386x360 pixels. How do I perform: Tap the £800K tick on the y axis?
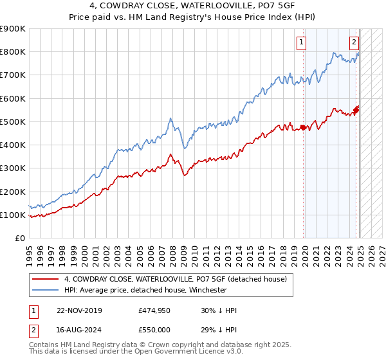point(13,52)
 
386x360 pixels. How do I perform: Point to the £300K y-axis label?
point(13,168)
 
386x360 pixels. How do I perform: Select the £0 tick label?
point(19,239)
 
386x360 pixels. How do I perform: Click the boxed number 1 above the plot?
point(301,43)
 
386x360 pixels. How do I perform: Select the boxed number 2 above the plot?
point(354,43)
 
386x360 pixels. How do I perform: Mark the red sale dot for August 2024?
point(356,110)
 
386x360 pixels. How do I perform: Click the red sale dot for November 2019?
point(303,127)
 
